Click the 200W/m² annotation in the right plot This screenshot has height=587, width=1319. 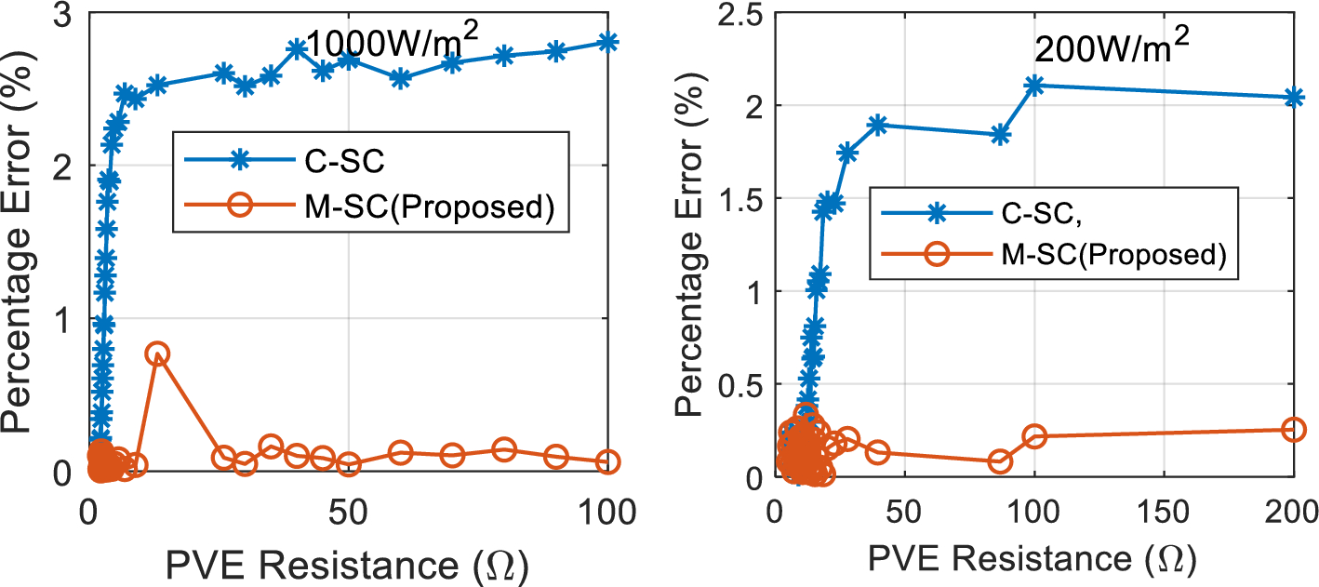pos(1111,48)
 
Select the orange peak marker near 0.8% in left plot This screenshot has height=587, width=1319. pos(157,354)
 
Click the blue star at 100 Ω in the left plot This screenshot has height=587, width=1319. pos(608,42)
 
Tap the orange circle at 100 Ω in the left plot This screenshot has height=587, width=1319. pos(608,461)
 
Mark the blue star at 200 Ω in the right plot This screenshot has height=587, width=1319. pos(1294,97)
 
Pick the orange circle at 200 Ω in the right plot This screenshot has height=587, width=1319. pos(1294,429)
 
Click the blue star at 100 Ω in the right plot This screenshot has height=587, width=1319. pos(1034,86)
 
